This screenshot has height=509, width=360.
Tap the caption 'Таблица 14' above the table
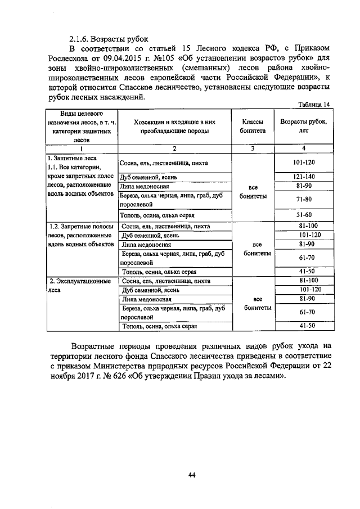(314, 104)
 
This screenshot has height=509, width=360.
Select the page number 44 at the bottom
(191, 475)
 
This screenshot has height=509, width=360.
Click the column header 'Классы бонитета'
(253, 126)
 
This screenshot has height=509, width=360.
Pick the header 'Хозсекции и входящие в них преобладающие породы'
(175, 126)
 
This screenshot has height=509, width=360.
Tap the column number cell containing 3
(253, 148)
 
